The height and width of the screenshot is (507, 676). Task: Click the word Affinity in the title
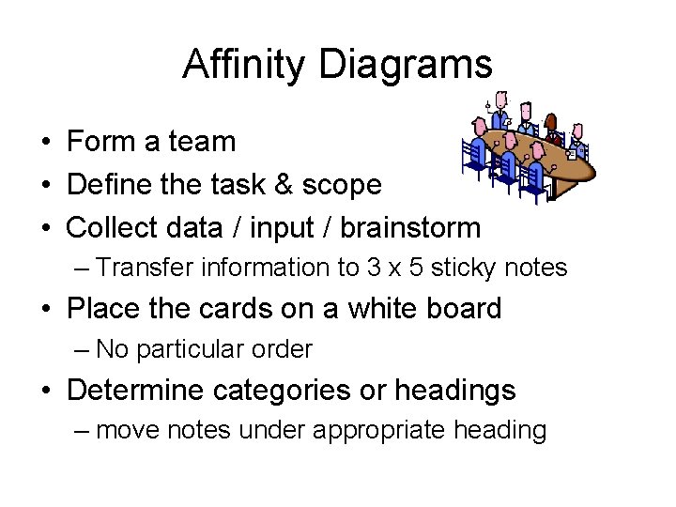[x=245, y=64]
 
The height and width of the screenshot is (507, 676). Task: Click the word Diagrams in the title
[x=406, y=64]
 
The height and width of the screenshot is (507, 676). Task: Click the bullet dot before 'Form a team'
[x=45, y=143]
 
